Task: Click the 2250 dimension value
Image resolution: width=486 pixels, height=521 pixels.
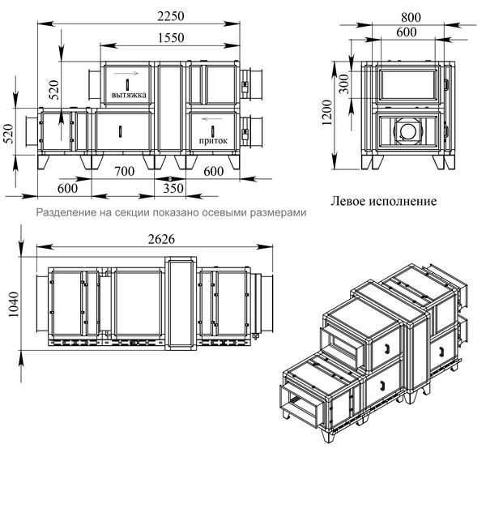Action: [170, 16]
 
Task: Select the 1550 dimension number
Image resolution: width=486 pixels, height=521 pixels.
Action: [171, 37]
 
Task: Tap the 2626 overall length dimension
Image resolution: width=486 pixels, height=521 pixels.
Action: [161, 239]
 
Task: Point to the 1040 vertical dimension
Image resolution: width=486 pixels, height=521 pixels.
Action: [14, 304]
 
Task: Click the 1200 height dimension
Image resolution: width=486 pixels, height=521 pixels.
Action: [327, 113]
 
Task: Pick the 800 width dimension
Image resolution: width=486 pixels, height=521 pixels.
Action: [411, 17]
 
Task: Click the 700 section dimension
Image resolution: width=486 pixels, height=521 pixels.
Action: [124, 172]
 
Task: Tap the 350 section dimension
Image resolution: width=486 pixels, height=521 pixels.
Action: [173, 189]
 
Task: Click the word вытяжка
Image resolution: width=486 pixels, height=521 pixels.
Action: [129, 95]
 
